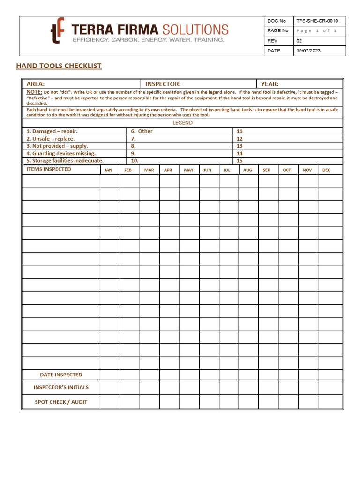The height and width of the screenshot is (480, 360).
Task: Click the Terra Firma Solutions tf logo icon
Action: (x=57, y=31)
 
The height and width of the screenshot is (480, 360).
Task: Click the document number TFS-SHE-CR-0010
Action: (x=316, y=21)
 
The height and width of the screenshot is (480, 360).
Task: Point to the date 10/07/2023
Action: (x=308, y=51)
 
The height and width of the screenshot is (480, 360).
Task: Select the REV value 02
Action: (x=300, y=41)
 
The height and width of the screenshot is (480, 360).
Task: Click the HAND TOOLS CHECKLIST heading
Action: (x=59, y=66)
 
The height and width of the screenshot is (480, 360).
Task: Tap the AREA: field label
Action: (x=36, y=84)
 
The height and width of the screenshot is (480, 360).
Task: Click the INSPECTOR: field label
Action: (x=163, y=84)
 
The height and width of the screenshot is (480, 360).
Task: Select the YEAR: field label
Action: (x=270, y=84)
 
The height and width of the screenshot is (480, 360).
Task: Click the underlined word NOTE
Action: (x=34, y=92)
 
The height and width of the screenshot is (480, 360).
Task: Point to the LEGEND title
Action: (x=182, y=123)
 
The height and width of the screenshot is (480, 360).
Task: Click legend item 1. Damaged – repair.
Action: (x=52, y=131)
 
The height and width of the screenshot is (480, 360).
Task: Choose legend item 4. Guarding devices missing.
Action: (x=60, y=153)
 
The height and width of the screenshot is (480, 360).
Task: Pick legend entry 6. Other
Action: (x=142, y=131)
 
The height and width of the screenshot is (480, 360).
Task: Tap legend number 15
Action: (x=240, y=161)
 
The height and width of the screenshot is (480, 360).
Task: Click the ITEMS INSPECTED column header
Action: (x=49, y=169)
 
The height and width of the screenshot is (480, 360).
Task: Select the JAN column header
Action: (x=108, y=170)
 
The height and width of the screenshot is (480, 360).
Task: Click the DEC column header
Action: (x=326, y=170)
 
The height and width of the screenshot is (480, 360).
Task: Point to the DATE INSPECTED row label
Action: (x=61, y=375)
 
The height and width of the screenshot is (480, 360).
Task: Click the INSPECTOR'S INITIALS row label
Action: (x=61, y=387)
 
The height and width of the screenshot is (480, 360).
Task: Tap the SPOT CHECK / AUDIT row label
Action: (x=61, y=402)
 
